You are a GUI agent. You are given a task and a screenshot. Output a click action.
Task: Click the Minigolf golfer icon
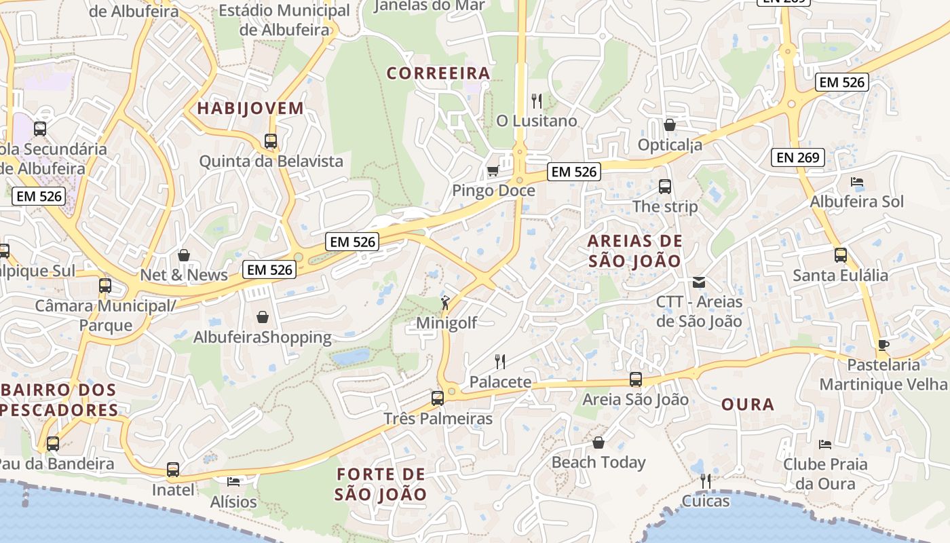[x=445, y=303]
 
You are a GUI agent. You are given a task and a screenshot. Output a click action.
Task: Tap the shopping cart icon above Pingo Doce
[x=493, y=171]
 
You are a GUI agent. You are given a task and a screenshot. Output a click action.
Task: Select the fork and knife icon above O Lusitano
[x=537, y=101]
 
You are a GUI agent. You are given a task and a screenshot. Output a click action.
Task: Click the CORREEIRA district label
[x=438, y=73]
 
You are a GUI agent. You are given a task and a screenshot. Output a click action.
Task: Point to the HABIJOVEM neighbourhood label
[x=250, y=108]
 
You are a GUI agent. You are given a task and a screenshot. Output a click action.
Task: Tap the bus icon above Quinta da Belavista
[x=271, y=141]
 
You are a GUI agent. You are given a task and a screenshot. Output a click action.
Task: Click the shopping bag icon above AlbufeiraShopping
[x=263, y=317]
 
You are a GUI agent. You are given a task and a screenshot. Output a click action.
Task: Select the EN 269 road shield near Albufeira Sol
[x=798, y=158]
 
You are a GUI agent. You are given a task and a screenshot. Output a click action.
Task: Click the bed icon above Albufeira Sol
[x=857, y=182]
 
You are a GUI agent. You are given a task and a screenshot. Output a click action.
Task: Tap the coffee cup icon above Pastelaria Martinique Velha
[x=883, y=345]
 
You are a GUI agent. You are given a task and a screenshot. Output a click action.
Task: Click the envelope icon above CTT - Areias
[x=699, y=282]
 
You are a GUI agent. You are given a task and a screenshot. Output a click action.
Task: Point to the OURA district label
[x=748, y=405]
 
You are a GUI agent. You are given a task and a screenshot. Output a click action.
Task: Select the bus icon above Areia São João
[x=636, y=379]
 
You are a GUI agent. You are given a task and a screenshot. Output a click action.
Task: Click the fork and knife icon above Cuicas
[x=706, y=481]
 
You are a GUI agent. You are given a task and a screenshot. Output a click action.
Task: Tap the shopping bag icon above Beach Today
[x=598, y=443]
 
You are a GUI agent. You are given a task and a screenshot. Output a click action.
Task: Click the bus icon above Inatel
[x=173, y=470]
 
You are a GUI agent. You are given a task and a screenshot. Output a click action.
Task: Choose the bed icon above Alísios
[x=233, y=482]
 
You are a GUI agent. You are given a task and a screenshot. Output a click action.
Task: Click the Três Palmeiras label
[x=438, y=418]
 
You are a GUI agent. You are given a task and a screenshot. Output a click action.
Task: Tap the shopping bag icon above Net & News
[x=184, y=255]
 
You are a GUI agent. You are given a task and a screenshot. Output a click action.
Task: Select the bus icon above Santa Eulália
[x=841, y=255]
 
